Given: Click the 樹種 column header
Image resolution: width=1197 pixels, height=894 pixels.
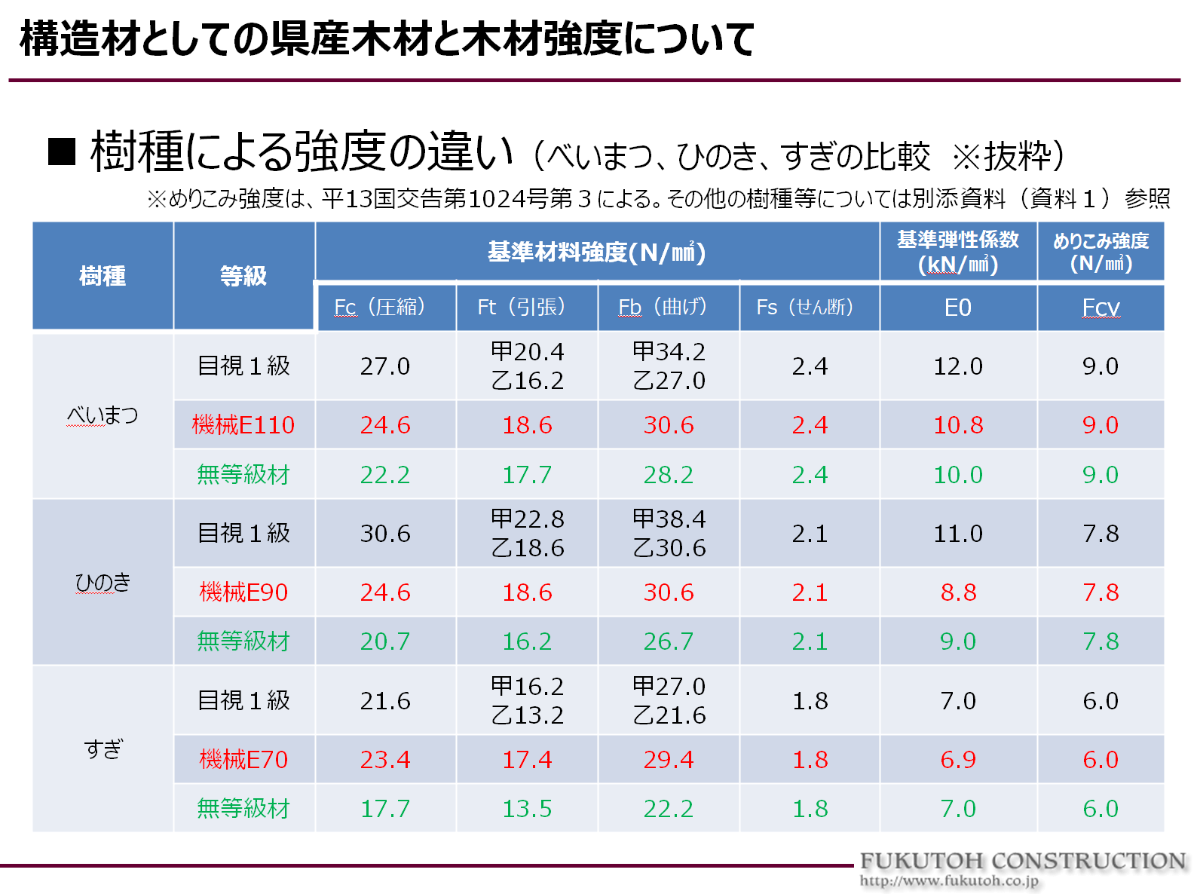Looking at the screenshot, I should (x=103, y=276).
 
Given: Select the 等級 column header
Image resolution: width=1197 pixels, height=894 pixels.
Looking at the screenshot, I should (x=243, y=276).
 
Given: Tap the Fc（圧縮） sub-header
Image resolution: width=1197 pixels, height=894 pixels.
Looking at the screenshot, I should (x=384, y=307).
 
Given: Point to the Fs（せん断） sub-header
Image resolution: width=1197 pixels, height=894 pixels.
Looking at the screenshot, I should (x=809, y=307).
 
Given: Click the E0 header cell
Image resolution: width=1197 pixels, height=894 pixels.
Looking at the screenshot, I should (x=958, y=308).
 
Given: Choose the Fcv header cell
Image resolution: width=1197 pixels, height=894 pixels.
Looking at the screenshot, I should (x=1101, y=308).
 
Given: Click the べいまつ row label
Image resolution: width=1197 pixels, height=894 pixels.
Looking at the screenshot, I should (x=103, y=415).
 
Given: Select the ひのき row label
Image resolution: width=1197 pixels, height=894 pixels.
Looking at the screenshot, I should (x=103, y=583).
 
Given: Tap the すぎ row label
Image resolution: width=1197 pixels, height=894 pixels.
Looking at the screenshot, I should (x=103, y=749).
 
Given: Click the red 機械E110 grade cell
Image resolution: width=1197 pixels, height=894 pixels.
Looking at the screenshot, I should (x=243, y=425).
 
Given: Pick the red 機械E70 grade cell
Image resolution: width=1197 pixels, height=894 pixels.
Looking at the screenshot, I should (x=243, y=759).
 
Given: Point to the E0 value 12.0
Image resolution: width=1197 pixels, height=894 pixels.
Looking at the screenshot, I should (x=958, y=366).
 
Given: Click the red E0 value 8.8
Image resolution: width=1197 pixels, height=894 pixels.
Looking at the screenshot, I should (x=958, y=592).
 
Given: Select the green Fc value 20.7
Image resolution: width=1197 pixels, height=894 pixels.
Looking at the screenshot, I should (x=384, y=641).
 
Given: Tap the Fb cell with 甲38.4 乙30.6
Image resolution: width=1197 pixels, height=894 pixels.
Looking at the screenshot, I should (x=669, y=534).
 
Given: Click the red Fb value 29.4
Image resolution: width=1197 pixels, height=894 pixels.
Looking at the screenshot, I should (x=669, y=759).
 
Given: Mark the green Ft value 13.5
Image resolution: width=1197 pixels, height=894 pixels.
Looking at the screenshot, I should (x=527, y=809).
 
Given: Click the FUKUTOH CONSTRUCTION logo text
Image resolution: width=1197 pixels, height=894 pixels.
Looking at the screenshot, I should (x=1023, y=861).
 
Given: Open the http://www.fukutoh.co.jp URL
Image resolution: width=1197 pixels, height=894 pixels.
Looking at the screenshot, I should (x=949, y=880).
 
